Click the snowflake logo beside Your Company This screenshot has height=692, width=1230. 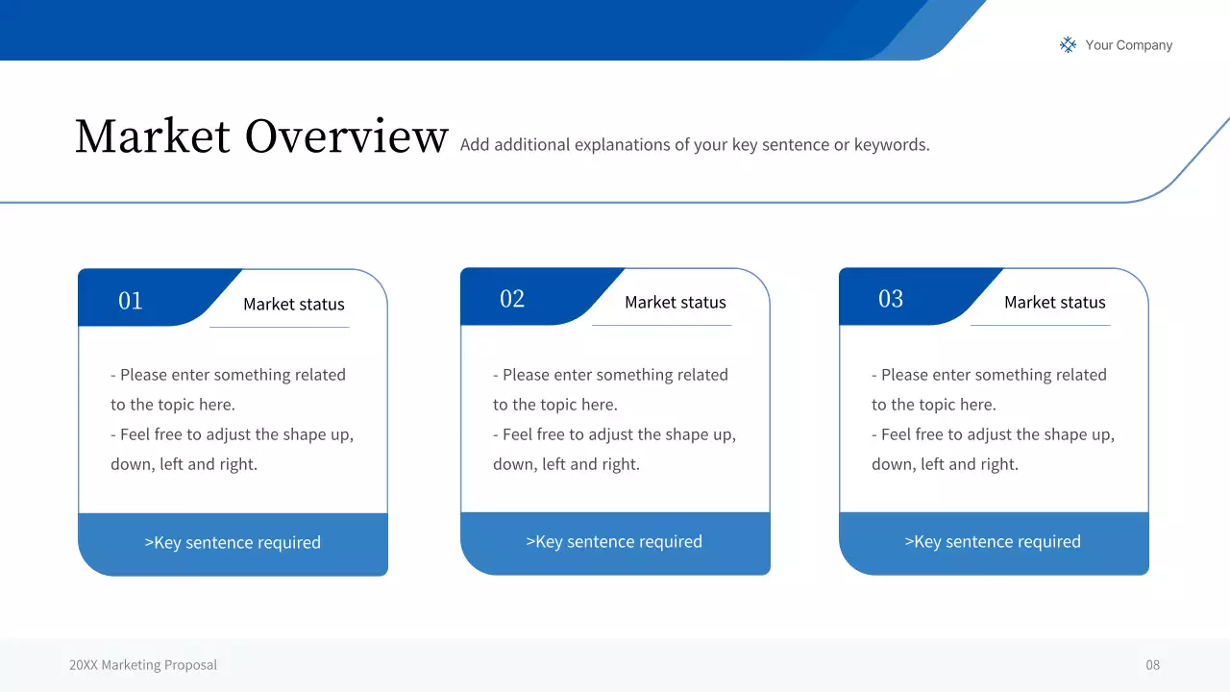[1068, 44]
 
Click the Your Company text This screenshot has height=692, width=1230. [1128, 45]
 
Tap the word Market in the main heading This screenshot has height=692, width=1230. [153, 136]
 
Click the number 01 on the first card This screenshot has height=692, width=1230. [131, 301]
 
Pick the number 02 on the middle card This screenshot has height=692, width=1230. [512, 299]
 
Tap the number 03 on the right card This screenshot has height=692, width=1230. [891, 299]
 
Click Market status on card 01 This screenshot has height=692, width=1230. [293, 304]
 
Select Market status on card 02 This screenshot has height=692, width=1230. [675, 302]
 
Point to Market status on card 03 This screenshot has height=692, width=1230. [1054, 302]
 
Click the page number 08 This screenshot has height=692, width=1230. [1152, 665]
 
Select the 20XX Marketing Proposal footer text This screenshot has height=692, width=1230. [143, 665]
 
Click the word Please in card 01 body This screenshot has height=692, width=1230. [144, 375]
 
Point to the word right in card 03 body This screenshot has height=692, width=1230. [996, 464]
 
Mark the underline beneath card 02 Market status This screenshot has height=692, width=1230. [661, 326]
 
